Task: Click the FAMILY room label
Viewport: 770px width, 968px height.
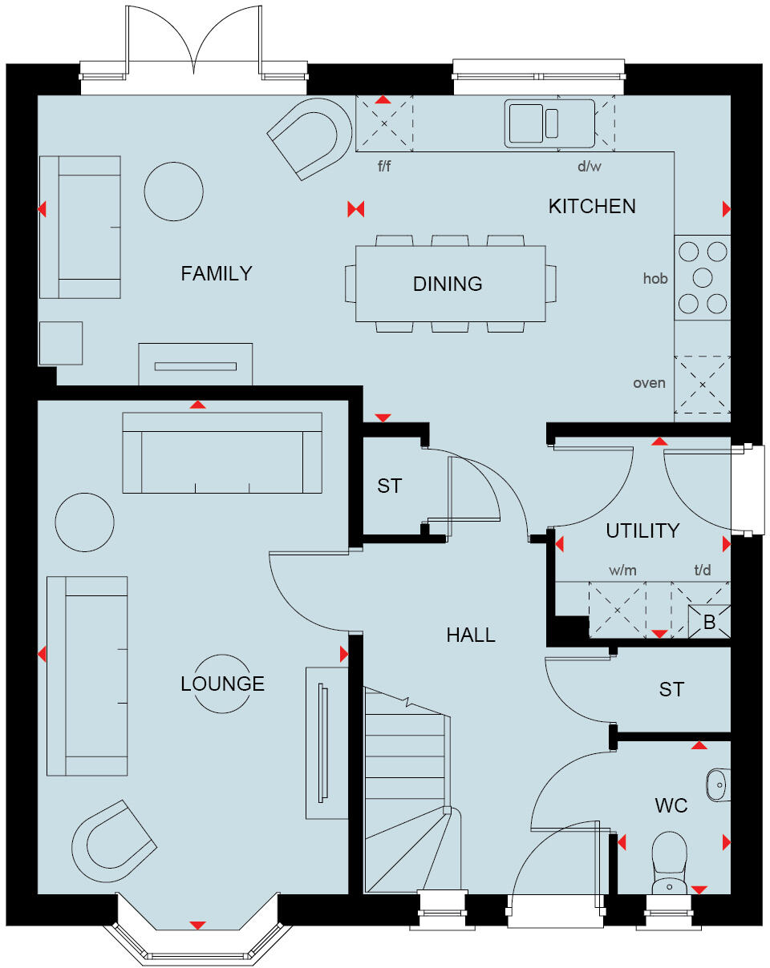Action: [216, 274]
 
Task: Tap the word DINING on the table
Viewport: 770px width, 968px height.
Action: [448, 284]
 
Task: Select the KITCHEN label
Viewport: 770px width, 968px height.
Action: [592, 207]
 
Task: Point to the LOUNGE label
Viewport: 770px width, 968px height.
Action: [222, 684]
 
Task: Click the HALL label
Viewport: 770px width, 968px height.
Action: [471, 635]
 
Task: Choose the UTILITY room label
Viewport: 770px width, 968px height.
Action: [642, 530]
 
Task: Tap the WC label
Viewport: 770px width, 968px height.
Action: [671, 805]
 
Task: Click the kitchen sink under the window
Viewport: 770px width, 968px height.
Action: [549, 123]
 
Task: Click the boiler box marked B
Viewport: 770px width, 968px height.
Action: [709, 622]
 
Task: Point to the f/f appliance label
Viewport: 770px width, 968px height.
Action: [386, 167]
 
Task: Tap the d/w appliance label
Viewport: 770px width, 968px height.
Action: [589, 167]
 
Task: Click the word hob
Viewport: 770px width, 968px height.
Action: [655, 279]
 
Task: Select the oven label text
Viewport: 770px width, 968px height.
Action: [649, 383]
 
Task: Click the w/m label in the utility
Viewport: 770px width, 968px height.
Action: [622, 570]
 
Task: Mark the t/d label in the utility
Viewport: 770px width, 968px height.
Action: [702, 570]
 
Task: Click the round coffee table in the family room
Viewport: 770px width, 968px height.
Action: [173, 191]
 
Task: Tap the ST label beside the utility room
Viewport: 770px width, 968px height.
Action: [671, 690]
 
